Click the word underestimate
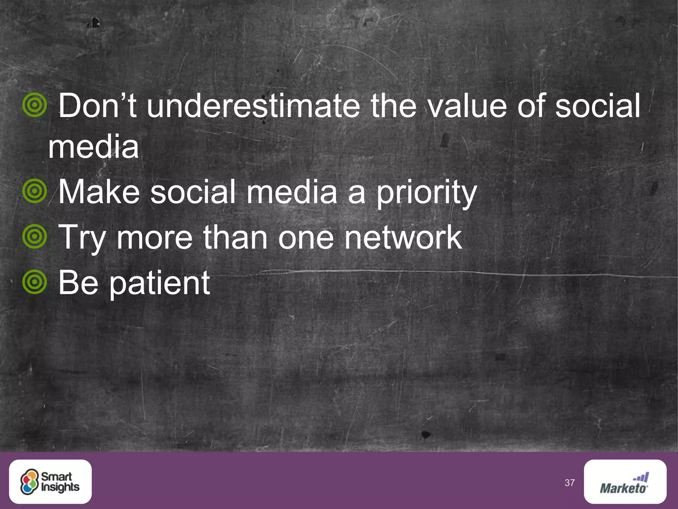253,106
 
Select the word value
467,106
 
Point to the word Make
99,192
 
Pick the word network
403,237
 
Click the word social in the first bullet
598,106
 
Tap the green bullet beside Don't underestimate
34,105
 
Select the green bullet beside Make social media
34,191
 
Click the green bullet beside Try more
34,237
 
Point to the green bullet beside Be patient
34,282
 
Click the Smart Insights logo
50,481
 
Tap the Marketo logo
625,481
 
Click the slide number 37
569,483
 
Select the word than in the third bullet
235,237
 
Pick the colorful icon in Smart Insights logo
29,482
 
